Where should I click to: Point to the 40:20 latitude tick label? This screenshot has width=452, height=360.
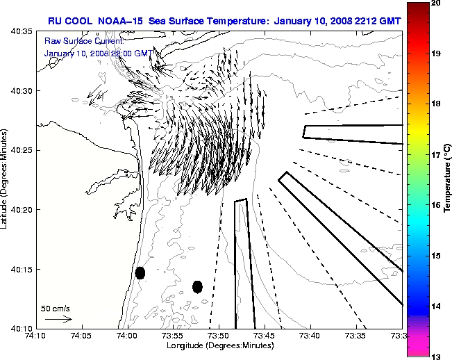22,210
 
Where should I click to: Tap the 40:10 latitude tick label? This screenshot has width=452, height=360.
22,328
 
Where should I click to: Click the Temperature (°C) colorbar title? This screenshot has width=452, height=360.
448,179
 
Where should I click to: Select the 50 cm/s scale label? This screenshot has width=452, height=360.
56,308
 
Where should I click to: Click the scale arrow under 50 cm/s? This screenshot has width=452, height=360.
58,319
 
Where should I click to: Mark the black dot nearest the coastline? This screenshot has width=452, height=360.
140,272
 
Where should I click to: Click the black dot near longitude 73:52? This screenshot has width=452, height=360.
197,286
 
